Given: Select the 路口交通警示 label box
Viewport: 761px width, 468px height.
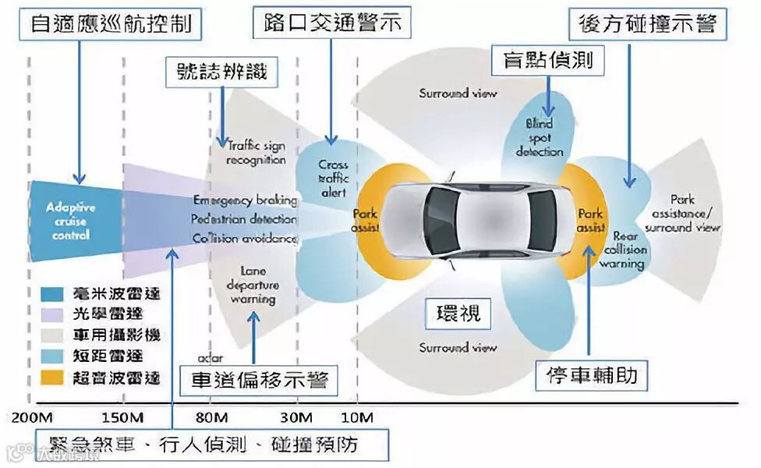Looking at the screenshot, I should click(331, 23).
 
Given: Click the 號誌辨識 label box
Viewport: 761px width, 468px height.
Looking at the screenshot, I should click(223, 72).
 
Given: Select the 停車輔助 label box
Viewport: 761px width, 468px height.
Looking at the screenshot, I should click(592, 375).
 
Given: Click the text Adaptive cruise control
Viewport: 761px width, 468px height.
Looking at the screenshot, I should click(71, 221).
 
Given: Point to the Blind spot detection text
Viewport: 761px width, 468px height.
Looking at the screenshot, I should click(539, 137).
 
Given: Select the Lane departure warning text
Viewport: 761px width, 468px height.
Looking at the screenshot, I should click(253, 285).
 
